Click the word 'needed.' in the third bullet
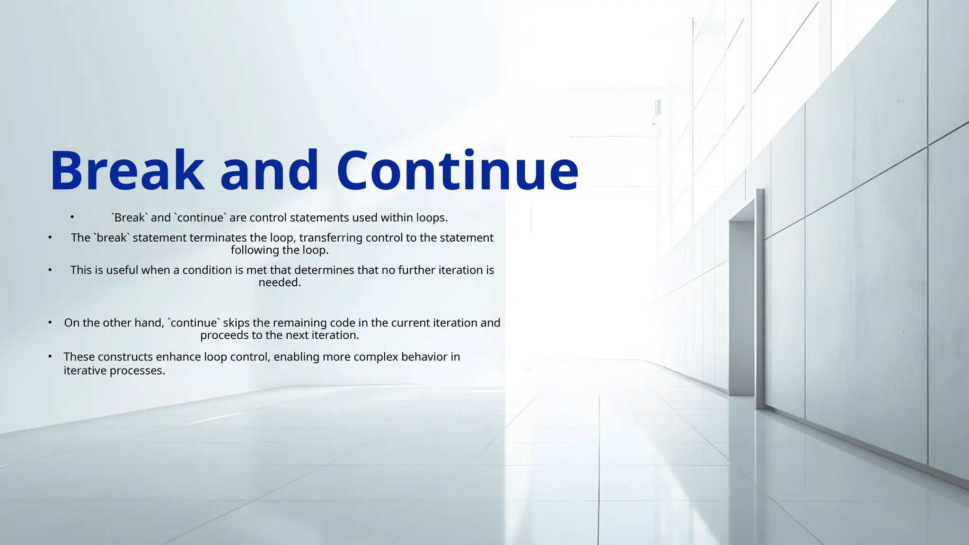(x=280, y=282)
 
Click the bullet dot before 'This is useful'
(x=50, y=270)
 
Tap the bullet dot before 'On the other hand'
(x=50, y=322)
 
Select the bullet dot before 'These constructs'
(x=50, y=356)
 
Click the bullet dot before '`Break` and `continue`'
(x=72, y=217)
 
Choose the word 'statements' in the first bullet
(x=319, y=218)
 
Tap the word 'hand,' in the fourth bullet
(x=151, y=323)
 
